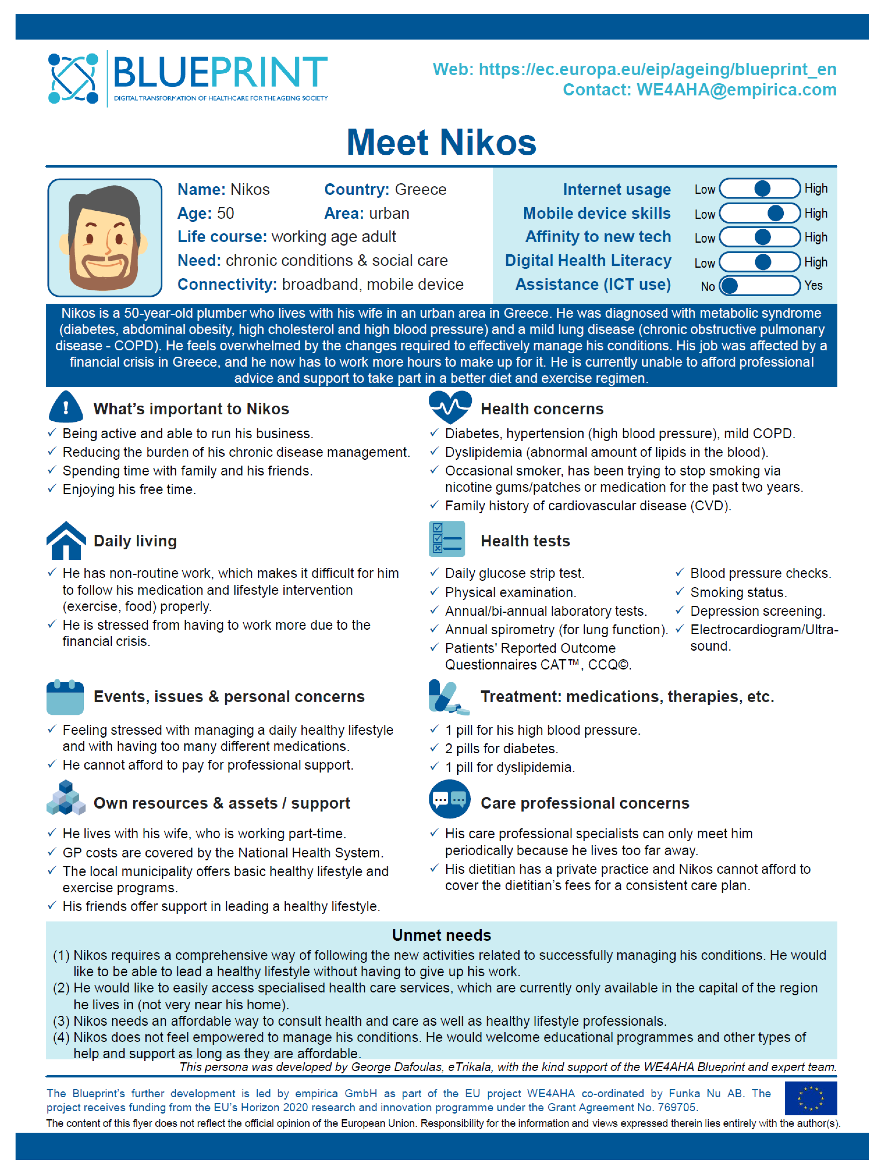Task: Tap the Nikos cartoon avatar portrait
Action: (104, 238)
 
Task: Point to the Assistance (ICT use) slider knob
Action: (729, 286)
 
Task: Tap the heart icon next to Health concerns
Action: (450, 407)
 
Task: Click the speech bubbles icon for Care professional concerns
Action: (449, 799)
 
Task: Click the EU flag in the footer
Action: (810, 1098)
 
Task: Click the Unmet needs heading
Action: (441, 935)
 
